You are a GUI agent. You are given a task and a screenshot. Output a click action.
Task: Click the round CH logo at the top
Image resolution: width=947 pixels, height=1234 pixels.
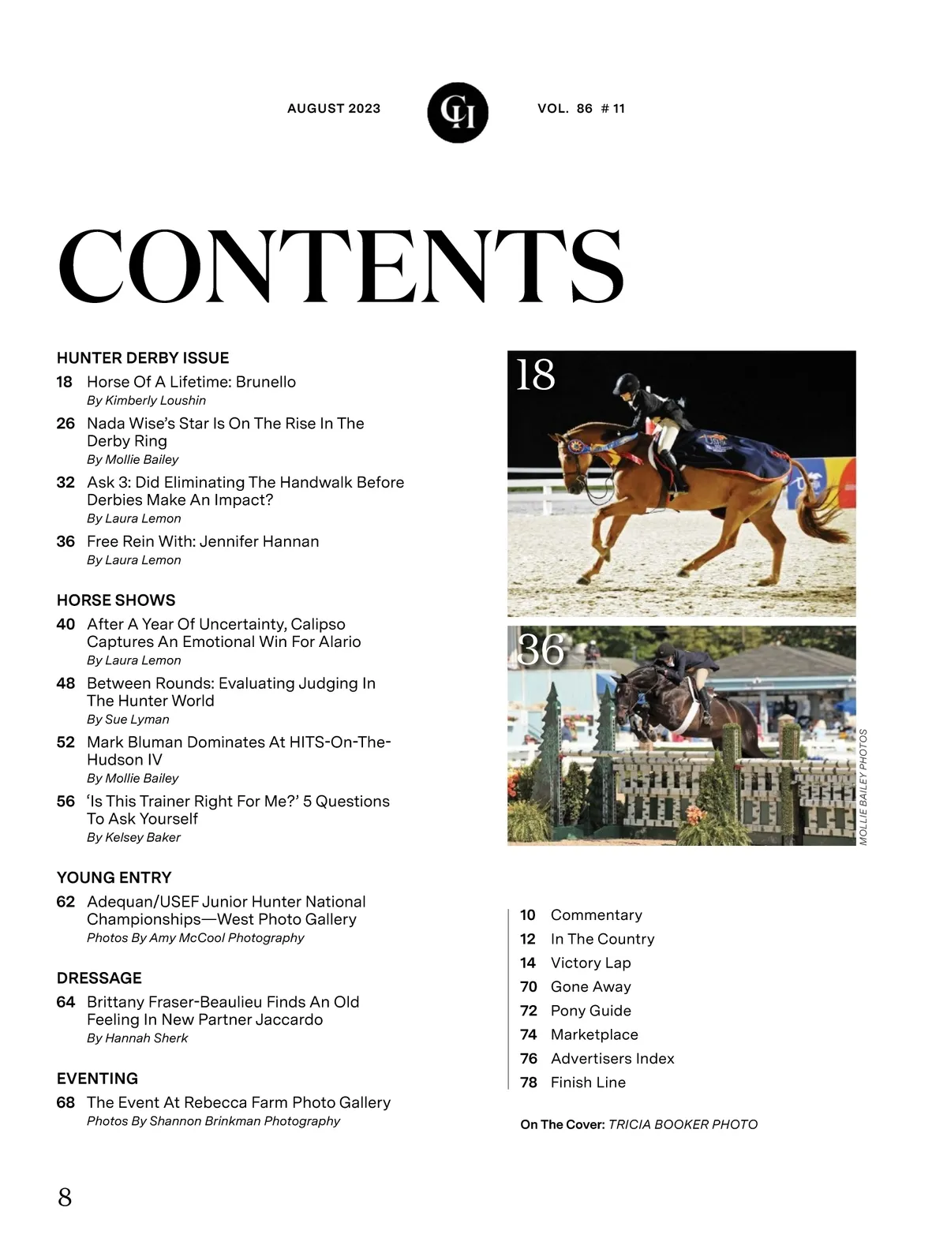pyautogui.click(x=458, y=113)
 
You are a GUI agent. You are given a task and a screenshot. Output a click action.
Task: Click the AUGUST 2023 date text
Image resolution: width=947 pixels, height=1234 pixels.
pyautogui.click(x=334, y=109)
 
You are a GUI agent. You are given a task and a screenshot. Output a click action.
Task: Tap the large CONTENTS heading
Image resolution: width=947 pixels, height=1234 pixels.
pyautogui.click(x=341, y=267)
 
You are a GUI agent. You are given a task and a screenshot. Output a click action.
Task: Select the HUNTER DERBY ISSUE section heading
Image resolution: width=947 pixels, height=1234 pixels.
pyautogui.click(x=143, y=358)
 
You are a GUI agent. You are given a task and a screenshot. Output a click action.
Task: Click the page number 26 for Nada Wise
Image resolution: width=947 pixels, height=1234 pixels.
pyautogui.click(x=66, y=424)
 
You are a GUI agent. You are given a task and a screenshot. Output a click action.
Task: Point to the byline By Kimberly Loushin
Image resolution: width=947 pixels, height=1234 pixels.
pyautogui.click(x=146, y=401)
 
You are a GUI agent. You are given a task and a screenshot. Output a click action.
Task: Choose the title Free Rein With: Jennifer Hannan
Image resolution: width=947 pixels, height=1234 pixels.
pyautogui.click(x=203, y=541)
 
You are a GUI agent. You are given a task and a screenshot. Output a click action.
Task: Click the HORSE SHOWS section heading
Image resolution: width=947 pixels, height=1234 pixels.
pyautogui.click(x=116, y=600)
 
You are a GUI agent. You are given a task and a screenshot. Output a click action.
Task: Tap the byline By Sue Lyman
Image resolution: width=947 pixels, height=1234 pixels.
pyautogui.click(x=128, y=720)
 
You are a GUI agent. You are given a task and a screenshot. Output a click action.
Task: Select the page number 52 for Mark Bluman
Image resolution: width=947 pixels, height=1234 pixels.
pyautogui.click(x=66, y=742)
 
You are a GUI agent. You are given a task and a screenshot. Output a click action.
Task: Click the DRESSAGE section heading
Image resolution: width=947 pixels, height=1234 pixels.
pyautogui.click(x=99, y=978)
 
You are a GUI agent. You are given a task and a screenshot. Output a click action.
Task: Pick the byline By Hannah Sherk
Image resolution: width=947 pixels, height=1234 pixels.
pyautogui.click(x=137, y=1038)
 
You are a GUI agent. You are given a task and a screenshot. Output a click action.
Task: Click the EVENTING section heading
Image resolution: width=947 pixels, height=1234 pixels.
pyautogui.click(x=97, y=1079)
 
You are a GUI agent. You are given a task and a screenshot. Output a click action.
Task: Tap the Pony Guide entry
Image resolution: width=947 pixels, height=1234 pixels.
pyautogui.click(x=590, y=1011)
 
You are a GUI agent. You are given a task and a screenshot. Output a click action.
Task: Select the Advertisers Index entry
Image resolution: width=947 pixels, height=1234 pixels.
pyautogui.click(x=612, y=1059)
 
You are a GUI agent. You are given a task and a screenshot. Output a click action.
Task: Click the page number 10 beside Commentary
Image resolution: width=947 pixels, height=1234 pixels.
pyautogui.click(x=528, y=915)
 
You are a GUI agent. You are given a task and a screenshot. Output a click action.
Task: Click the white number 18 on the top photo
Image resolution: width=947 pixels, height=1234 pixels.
pyautogui.click(x=536, y=375)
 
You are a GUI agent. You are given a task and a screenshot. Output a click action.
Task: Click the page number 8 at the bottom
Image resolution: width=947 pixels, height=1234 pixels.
pyautogui.click(x=65, y=1197)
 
